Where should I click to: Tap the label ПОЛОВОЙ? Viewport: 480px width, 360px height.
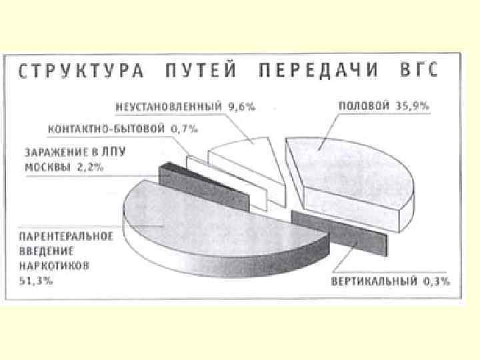pyautogui.click(x=362, y=105)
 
